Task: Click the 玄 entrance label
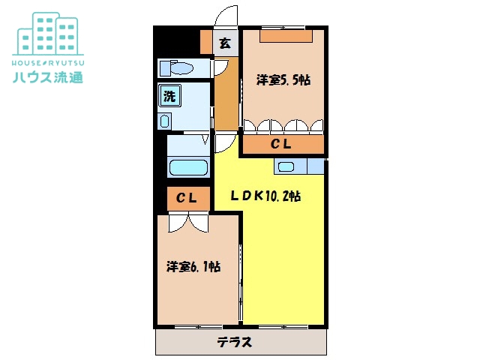[x=223, y=43]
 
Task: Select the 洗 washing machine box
[x=170, y=96]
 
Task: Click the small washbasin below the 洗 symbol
[x=166, y=121]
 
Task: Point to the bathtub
[x=188, y=167]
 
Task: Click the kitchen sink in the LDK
[x=286, y=166]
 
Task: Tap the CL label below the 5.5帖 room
[x=281, y=144]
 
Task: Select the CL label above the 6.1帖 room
[x=187, y=198]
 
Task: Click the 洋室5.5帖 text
[x=283, y=80]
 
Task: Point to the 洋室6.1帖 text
[x=193, y=266]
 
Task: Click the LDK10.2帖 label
[x=265, y=196]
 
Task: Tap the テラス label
[x=235, y=343]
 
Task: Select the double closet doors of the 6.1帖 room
[x=186, y=221]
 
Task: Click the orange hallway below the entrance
[x=224, y=97]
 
